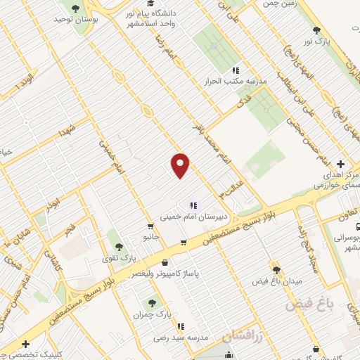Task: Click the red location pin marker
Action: tap(181, 165)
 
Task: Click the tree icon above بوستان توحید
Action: tap(75, 8)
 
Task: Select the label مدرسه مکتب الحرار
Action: tap(238, 81)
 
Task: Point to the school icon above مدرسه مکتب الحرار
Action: tap(236, 70)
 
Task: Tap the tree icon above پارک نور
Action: tap(317, 30)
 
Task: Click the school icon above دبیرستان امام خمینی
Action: tap(193, 206)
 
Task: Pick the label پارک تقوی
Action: tap(107, 258)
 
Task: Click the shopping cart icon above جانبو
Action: tap(150, 226)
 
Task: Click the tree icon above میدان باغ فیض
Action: tap(276, 269)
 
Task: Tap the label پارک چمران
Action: tap(153, 314)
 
